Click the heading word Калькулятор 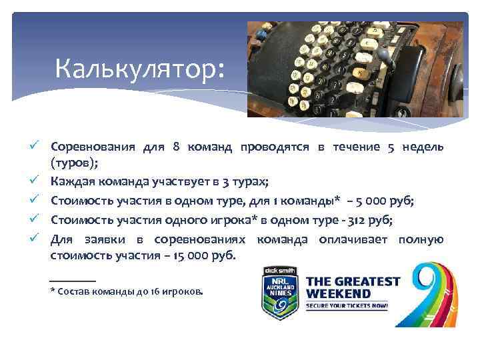(x=141, y=67)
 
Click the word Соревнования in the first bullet (x=93, y=147)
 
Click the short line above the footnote (x=73, y=279)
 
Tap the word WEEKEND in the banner (x=339, y=294)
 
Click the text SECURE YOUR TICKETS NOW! (x=347, y=306)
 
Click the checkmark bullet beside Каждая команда (x=42, y=181)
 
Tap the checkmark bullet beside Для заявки (x=42, y=237)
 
